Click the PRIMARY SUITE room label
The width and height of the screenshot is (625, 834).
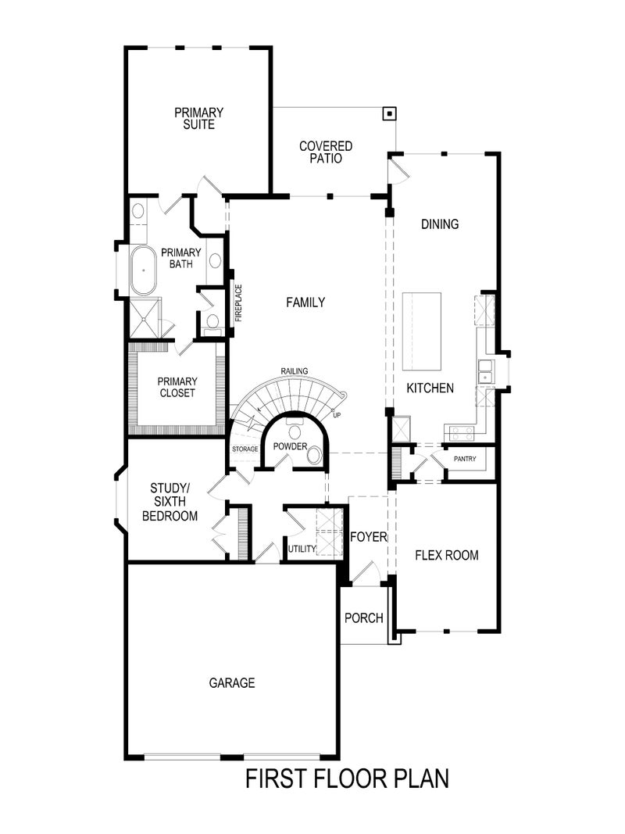click(x=199, y=118)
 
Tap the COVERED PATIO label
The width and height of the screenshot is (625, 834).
click(x=326, y=152)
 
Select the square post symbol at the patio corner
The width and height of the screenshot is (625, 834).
click(x=388, y=113)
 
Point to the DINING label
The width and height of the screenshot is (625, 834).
click(x=440, y=224)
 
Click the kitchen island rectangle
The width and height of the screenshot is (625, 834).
click(x=422, y=331)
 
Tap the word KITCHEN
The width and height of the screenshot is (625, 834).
click(x=429, y=388)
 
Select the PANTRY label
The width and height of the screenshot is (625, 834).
click(x=465, y=459)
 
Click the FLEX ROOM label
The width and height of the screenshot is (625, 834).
click(x=446, y=556)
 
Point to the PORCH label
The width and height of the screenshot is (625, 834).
click(x=363, y=618)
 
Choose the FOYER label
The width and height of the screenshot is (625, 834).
click(x=369, y=537)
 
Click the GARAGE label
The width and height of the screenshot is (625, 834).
click(x=232, y=683)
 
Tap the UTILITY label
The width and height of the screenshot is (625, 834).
click(x=302, y=549)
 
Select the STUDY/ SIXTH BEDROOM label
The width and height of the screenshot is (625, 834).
click(x=174, y=503)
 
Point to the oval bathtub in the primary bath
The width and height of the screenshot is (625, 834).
click(x=143, y=270)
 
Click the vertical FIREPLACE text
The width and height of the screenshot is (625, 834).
click(x=239, y=303)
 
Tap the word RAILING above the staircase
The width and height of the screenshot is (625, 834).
click(x=295, y=370)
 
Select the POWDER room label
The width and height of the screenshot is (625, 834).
click(x=290, y=446)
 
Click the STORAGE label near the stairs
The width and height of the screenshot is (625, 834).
click(x=245, y=449)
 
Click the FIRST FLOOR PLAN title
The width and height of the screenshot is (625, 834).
click(x=347, y=779)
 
